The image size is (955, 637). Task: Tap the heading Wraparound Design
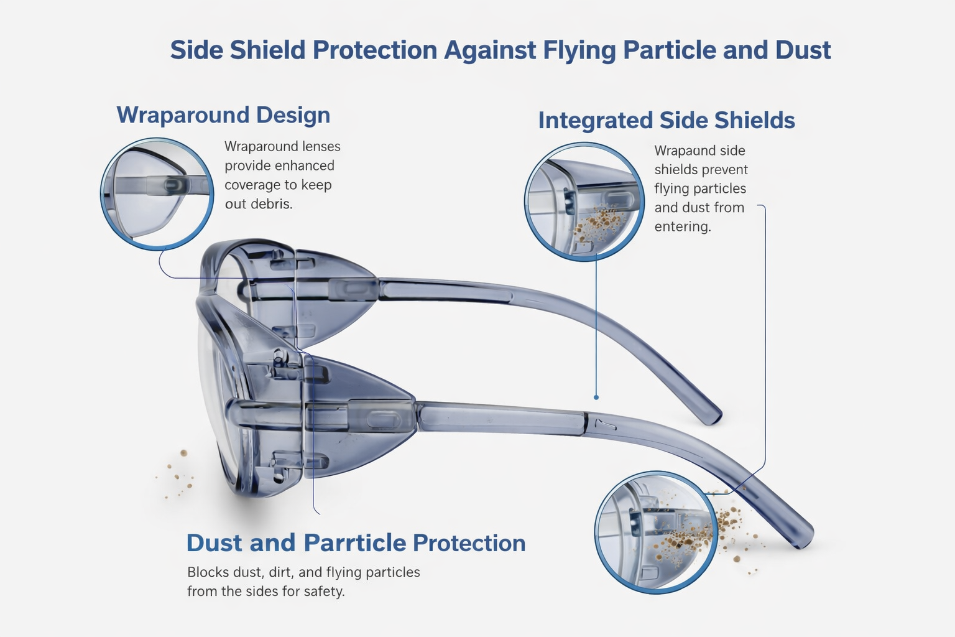click(223, 115)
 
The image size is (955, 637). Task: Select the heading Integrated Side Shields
click(667, 120)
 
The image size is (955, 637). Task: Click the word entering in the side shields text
click(683, 226)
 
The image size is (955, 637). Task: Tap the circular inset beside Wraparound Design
click(157, 193)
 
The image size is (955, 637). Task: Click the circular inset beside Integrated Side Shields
click(584, 202)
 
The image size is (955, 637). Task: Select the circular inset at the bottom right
click(656, 532)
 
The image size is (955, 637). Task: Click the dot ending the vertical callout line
click(596, 398)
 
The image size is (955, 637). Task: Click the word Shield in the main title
click(268, 50)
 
